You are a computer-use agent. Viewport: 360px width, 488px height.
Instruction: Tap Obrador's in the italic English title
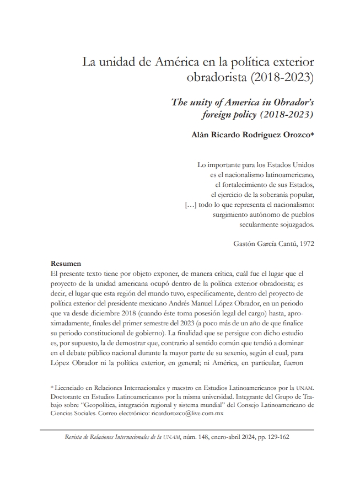[284, 103]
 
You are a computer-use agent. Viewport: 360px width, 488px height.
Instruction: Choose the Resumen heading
[66, 264]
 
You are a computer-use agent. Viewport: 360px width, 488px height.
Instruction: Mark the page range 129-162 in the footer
[277, 436]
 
